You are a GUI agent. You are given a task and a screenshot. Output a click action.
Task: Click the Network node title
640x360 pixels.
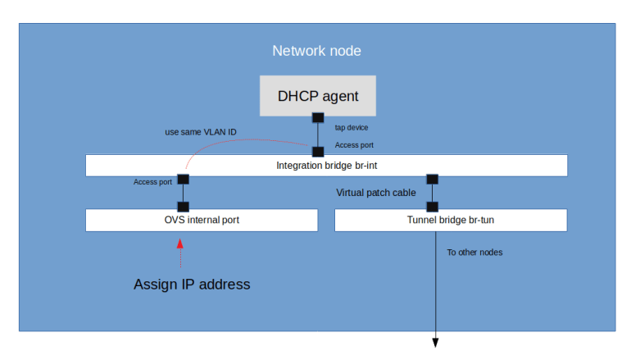click(316, 51)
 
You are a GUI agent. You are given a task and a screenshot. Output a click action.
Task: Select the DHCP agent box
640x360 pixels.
click(318, 96)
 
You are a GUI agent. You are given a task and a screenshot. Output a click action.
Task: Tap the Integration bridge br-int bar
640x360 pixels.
click(326, 165)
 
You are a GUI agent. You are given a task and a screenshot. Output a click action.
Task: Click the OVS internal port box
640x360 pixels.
click(202, 220)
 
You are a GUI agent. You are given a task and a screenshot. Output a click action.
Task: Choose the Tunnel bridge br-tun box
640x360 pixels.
click(450, 220)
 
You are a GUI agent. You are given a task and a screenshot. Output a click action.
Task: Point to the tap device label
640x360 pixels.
click(352, 128)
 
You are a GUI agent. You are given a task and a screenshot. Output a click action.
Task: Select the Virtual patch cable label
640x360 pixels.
click(376, 193)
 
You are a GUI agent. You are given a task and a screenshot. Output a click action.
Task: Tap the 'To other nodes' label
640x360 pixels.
click(474, 252)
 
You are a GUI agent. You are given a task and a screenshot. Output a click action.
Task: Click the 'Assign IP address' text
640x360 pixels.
click(192, 285)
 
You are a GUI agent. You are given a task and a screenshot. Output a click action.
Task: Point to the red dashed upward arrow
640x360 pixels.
click(179, 254)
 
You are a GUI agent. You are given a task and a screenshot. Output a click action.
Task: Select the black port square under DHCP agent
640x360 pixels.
click(318, 117)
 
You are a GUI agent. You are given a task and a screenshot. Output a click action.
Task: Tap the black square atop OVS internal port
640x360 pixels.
click(183, 207)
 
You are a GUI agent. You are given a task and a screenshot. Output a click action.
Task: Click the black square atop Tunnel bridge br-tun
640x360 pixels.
click(433, 207)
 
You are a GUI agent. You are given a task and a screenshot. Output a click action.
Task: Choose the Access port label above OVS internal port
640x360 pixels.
click(153, 181)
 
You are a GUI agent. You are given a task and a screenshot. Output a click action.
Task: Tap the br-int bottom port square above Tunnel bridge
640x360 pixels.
click(433, 179)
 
